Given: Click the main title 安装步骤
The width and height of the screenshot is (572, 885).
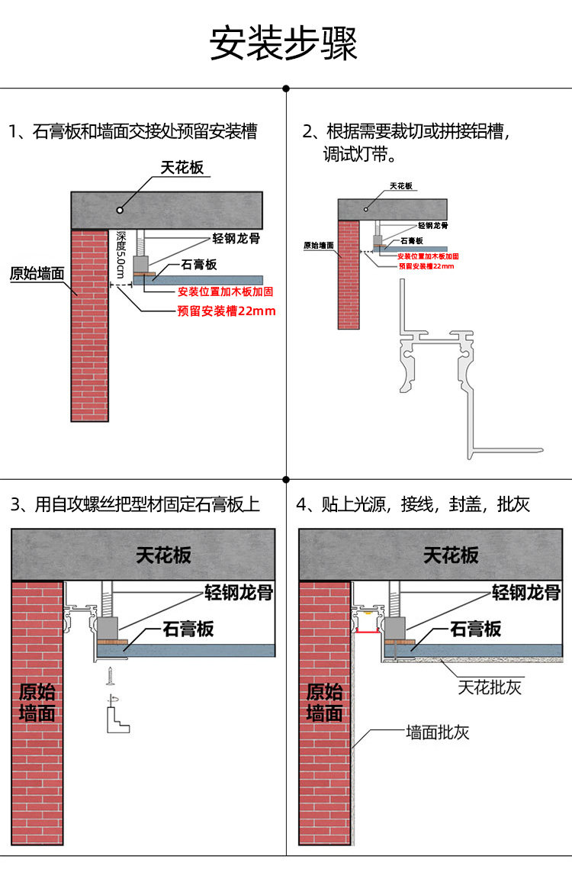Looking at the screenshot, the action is pyautogui.click(x=284, y=43).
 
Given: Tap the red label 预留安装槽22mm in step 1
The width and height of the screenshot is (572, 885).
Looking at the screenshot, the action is pyautogui.click(x=227, y=311).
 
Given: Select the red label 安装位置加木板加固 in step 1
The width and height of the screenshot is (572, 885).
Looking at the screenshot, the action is pyautogui.click(x=226, y=291).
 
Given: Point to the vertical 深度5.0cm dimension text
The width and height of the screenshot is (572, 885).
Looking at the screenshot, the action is pyautogui.click(x=121, y=254).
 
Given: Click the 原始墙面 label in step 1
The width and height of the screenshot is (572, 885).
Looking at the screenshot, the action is pyautogui.click(x=37, y=274).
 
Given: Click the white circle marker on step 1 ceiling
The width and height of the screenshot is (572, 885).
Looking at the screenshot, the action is pyautogui.click(x=120, y=210).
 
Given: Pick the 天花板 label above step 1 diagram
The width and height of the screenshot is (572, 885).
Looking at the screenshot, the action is pyautogui.click(x=182, y=168).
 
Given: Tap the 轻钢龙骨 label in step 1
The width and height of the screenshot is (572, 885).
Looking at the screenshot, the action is pyautogui.click(x=236, y=238).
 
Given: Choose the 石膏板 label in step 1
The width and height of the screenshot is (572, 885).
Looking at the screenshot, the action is pyautogui.click(x=198, y=264).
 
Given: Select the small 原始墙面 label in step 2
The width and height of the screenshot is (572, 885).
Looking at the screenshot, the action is pyautogui.click(x=318, y=246).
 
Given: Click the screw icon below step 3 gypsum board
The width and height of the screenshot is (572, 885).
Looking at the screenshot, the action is pyautogui.click(x=109, y=676).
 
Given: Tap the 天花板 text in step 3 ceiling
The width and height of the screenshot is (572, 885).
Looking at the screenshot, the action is pyautogui.click(x=163, y=555).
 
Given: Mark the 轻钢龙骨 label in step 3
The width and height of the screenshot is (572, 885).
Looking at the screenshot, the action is pyautogui.click(x=239, y=592).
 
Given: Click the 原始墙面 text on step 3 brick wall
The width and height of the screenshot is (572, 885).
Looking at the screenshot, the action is pyautogui.click(x=37, y=703).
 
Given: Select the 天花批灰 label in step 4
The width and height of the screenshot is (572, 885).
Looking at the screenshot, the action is pyautogui.click(x=490, y=687).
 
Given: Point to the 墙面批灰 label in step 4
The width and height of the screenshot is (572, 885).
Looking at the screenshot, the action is pyautogui.click(x=438, y=732).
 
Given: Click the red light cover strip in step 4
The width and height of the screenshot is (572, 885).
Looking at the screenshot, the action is pyautogui.click(x=368, y=632).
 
